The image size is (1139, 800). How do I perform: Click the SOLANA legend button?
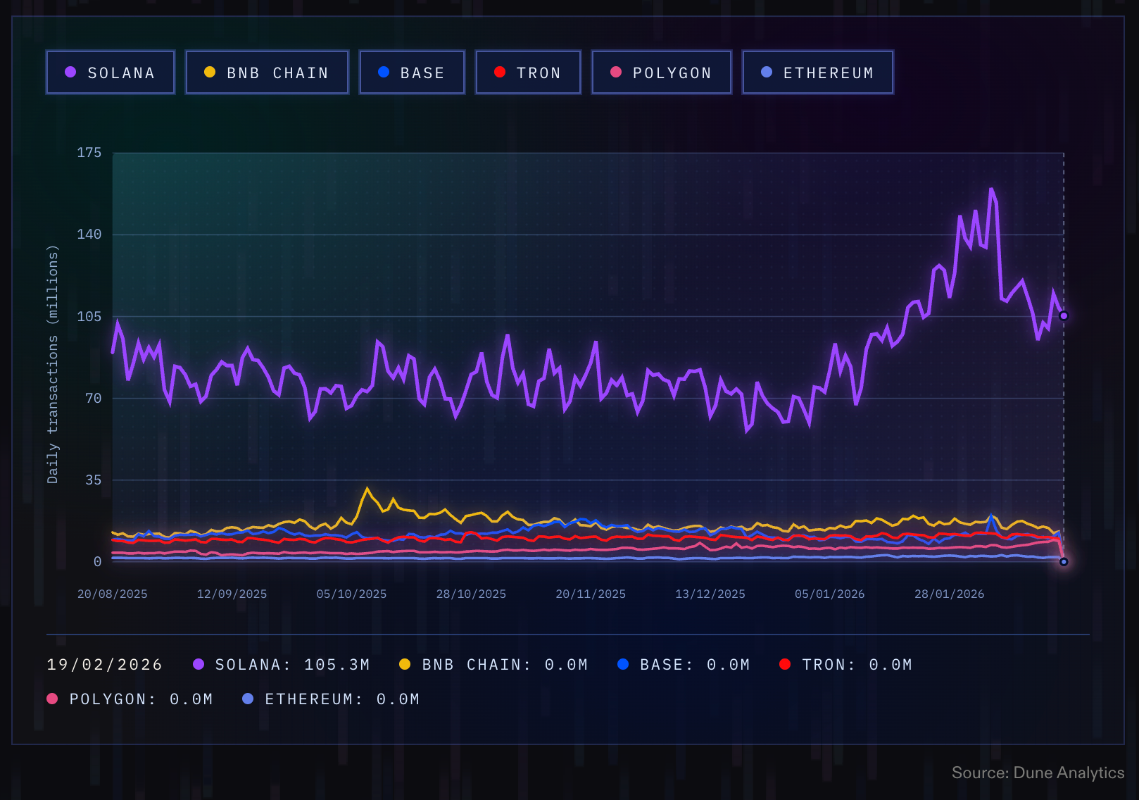click(111, 73)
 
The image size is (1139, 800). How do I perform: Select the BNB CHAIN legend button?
click(267, 73)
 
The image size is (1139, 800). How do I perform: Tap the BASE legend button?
click(412, 73)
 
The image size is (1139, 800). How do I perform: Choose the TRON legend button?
click(528, 73)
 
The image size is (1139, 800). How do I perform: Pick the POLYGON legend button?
click(661, 73)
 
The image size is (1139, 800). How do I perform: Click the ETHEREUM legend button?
click(817, 73)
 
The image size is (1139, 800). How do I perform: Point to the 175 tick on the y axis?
click(89, 153)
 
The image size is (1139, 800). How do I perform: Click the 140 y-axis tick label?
click(89, 235)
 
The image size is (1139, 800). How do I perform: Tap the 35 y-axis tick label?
click(94, 480)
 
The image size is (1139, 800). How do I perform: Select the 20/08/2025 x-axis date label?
click(113, 594)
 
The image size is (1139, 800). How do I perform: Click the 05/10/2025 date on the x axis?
click(351, 594)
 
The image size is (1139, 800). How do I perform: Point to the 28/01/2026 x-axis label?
click(949, 594)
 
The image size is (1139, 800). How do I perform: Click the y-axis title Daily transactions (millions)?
click(53, 364)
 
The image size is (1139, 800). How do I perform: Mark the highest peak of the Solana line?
click(991, 189)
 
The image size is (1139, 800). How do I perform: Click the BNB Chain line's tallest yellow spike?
click(367, 488)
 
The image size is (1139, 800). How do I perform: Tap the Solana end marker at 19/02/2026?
click(1064, 316)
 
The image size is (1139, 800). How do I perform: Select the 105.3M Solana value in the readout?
click(336, 665)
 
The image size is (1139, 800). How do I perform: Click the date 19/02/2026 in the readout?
click(104, 665)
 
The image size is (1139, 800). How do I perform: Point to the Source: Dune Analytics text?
click(1038, 773)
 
